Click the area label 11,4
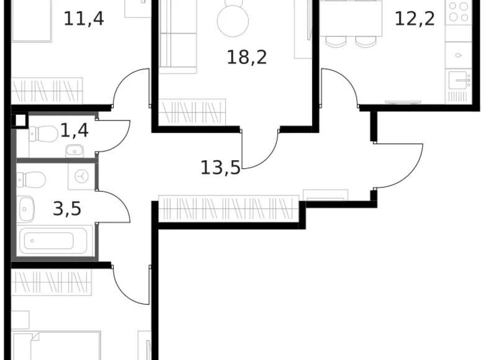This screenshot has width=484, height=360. click(x=83, y=18)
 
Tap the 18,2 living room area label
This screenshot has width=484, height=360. click(x=246, y=58)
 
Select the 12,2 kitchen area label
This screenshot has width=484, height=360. click(x=414, y=18)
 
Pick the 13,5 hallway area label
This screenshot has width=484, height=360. click(x=220, y=167)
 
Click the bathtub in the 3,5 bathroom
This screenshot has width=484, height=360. click(x=56, y=240)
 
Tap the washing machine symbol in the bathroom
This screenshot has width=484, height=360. click(x=81, y=176)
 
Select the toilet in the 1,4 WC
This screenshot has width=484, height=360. click(x=43, y=133)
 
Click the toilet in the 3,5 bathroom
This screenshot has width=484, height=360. click(x=32, y=180)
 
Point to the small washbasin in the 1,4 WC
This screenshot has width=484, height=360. click(x=74, y=150)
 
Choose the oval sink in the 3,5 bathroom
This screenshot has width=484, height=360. click(x=26, y=209)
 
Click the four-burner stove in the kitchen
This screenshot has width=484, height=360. click(x=459, y=12)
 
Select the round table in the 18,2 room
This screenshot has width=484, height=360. click(x=233, y=20)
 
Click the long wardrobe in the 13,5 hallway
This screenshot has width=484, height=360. click(x=228, y=209)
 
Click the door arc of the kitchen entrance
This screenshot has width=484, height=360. click(x=340, y=87)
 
